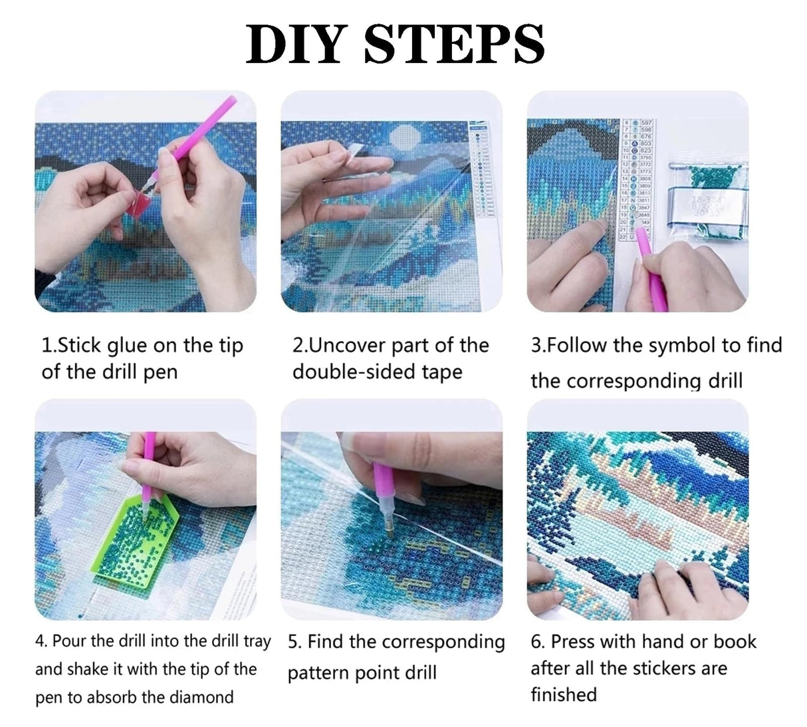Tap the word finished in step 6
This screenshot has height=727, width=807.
pyautogui.click(x=563, y=694)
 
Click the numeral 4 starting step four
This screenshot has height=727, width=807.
pyautogui.click(x=39, y=641)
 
